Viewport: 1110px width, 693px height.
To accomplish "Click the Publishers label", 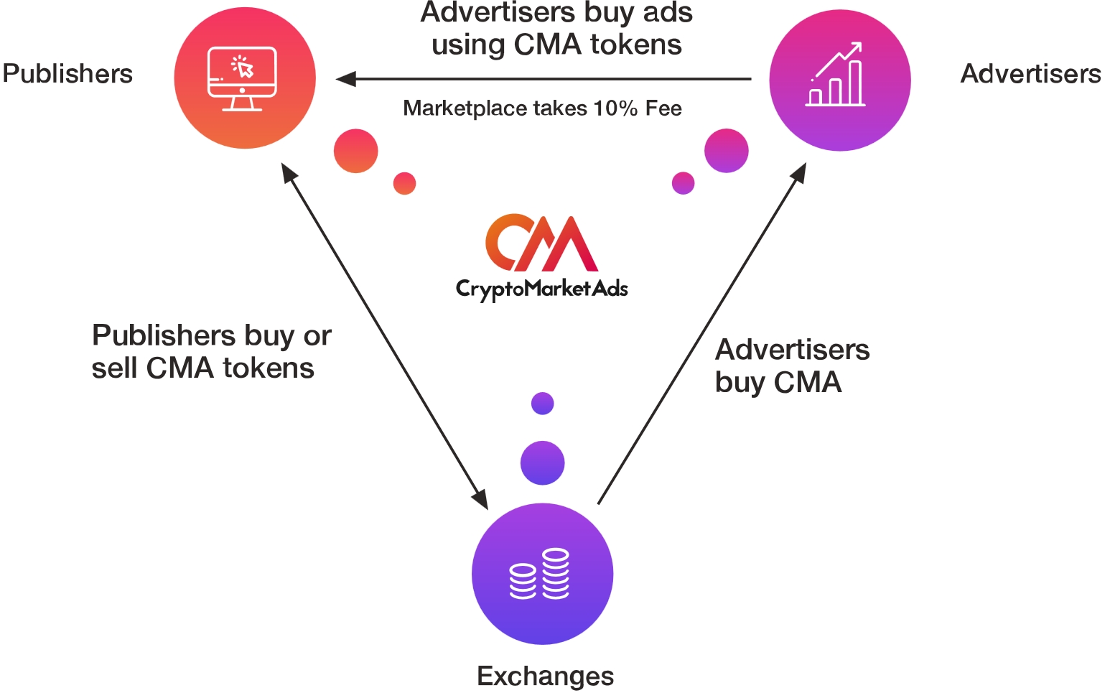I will [67, 74].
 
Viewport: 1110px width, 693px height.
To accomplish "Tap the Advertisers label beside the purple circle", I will [1030, 74].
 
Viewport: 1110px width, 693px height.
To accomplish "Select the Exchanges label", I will [545, 676].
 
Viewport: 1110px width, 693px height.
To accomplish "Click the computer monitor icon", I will [242, 78].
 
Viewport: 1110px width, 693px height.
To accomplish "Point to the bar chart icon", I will [836, 75].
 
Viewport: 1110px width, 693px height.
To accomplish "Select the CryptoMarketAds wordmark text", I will [541, 289].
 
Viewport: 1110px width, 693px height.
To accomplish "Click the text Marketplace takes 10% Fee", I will [542, 108].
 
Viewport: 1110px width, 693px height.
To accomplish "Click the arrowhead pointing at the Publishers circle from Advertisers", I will [346, 79].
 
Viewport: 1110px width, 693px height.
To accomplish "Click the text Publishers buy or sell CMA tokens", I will [211, 352].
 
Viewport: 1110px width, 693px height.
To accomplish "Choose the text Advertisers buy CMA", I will [792, 366].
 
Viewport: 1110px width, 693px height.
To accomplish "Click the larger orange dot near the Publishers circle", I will [356, 151].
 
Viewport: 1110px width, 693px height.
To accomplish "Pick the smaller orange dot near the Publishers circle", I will [404, 183].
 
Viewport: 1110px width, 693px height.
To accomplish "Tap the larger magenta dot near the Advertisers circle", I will [726, 151].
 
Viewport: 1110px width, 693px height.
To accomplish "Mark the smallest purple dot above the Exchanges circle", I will [542, 404].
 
